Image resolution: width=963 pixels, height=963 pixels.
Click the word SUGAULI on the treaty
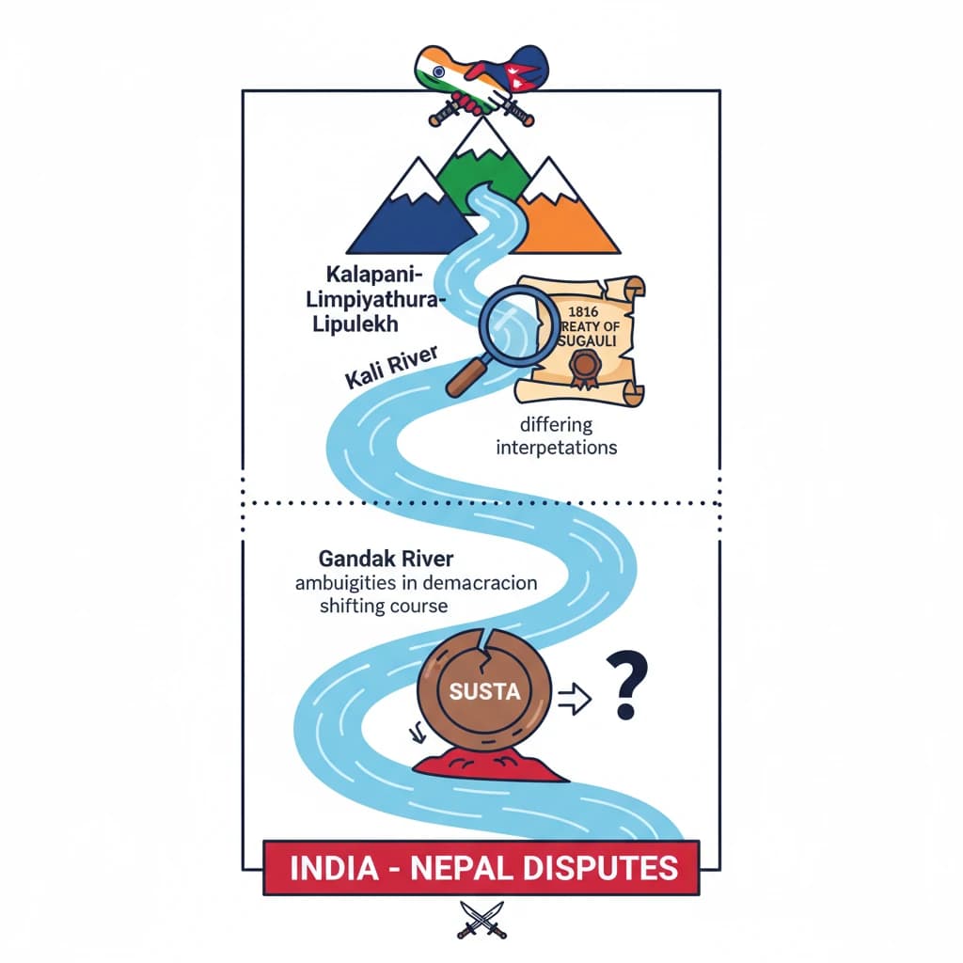(x=585, y=342)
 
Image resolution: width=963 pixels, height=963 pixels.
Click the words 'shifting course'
(x=382, y=607)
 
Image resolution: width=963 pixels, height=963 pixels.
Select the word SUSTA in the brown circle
(x=485, y=693)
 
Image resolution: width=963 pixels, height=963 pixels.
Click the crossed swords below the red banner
(x=481, y=920)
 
